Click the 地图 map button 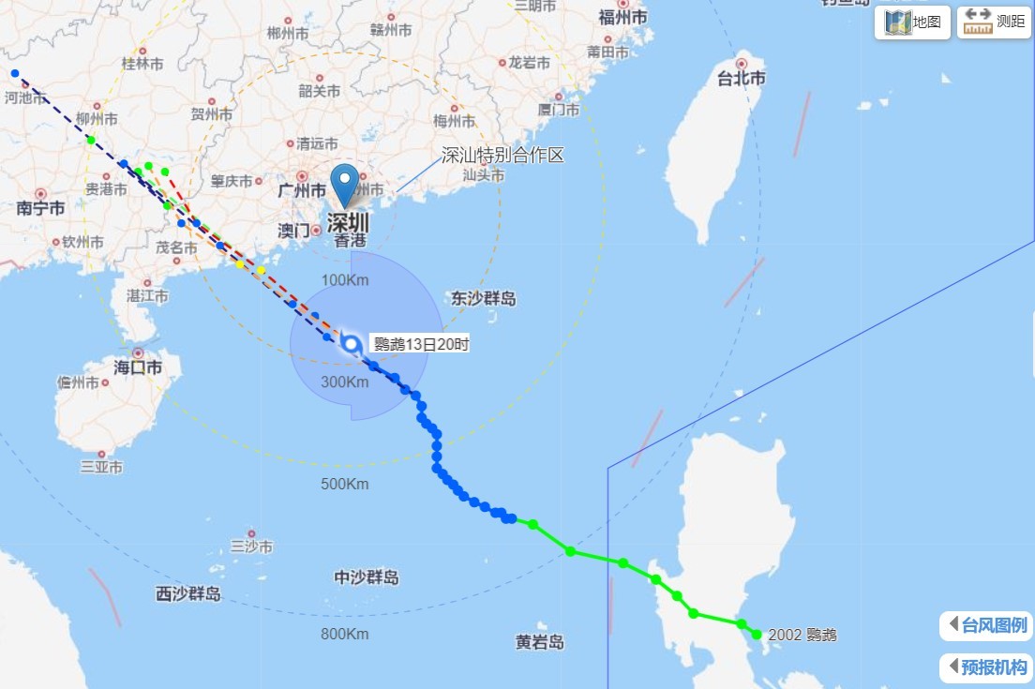[912, 22]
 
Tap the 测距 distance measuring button [994, 22]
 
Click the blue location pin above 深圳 [346, 184]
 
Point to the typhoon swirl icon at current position [351, 344]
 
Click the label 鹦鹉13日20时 [421, 344]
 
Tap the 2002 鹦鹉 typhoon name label [802, 635]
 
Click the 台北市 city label [741, 79]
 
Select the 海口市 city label [138, 367]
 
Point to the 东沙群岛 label [484, 299]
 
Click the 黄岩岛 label [540, 642]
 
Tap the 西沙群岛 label [188, 593]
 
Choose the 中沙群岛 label [367, 577]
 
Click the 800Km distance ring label [345, 634]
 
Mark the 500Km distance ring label [345, 484]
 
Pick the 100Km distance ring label [345, 280]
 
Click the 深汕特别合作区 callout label [503, 156]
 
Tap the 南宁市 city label [40, 208]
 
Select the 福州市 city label [622, 17]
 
